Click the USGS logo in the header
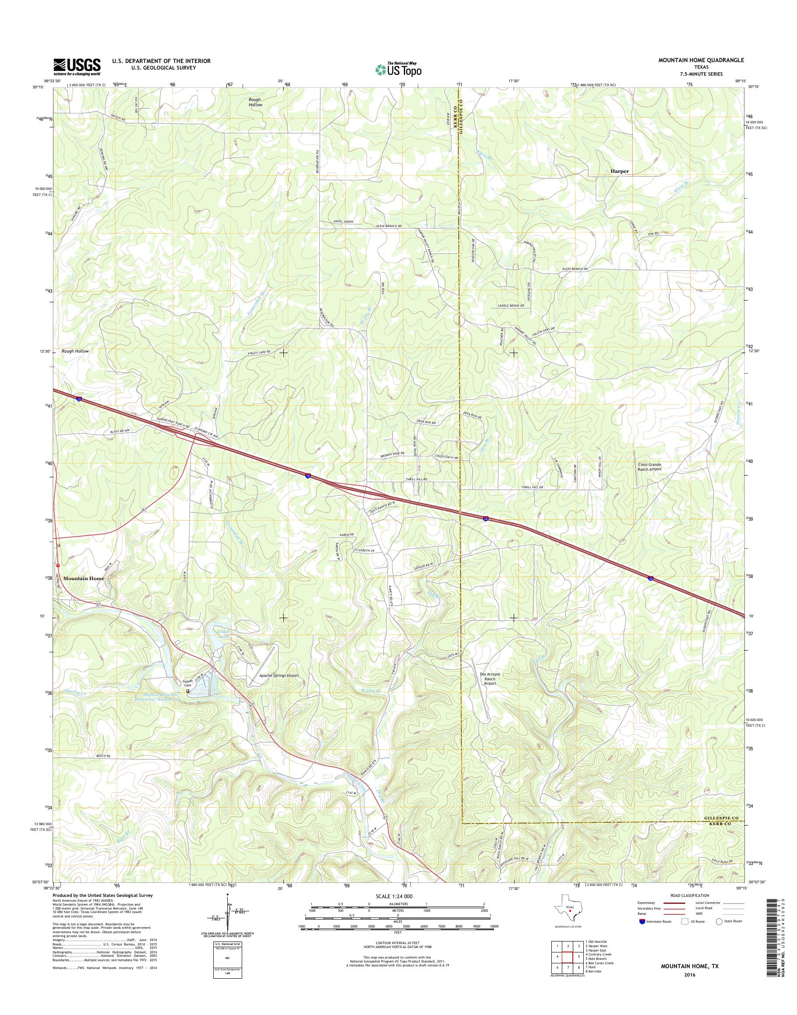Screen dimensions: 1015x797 (x=77, y=66)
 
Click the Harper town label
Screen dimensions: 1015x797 (x=619, y=171)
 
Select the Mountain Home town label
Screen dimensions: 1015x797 (x=84, y=578)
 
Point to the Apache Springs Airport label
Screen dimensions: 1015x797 (x=279, y=675)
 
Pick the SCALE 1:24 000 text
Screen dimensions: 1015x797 (x=394, y=896)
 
